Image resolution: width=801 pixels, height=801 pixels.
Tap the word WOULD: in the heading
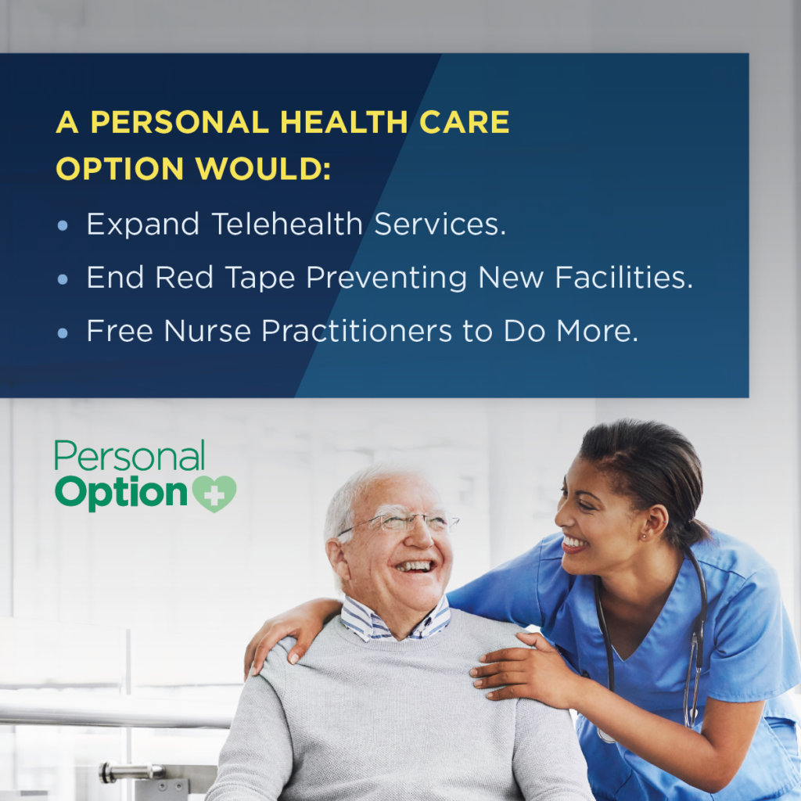click(263, 169)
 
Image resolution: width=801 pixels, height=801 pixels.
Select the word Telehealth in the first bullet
click(287, 224)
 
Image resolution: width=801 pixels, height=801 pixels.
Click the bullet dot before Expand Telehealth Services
click(63, 225)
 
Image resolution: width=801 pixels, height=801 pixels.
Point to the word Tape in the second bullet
click(260, 278)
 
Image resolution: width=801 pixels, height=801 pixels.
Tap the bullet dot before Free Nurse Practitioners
click(63, 333)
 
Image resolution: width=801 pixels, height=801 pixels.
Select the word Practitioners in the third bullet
click(357, 331)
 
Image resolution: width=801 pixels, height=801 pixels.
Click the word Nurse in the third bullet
click(207, 331)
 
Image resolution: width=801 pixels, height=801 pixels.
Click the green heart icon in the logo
click(214, 494)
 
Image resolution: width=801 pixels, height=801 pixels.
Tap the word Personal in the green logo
click(130, 456)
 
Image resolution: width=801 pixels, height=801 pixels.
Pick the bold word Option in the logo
click(121, 493)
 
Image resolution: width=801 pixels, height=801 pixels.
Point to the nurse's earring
click(645, 536)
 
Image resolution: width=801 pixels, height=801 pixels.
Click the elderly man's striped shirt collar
click(394, 620)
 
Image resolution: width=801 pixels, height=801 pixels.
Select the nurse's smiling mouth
click(574, 543)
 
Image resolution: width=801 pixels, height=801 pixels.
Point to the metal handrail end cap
click(107, 772)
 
